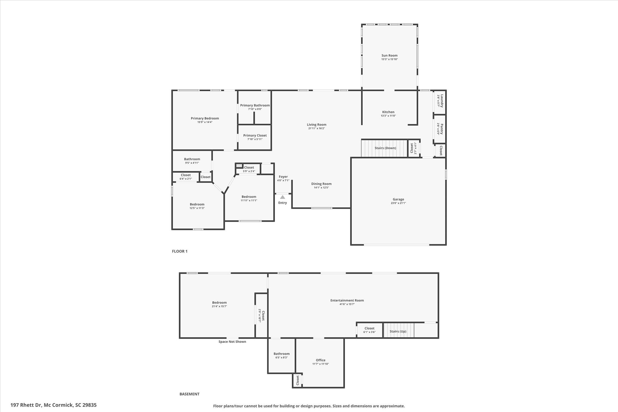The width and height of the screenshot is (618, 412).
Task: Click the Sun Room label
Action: click(389, 56)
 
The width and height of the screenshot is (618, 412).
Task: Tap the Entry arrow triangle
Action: click(282, 197)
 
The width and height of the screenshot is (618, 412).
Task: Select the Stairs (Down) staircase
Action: click(385, 148)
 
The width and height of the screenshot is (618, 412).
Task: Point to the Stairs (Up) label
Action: click(398, 331)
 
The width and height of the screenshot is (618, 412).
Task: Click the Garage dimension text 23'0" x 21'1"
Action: click(398, 203)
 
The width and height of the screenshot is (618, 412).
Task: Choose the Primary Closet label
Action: click(255, 136)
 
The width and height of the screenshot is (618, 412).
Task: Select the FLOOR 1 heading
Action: click(180, 251)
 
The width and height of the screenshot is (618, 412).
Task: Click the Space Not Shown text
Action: click(232, 342)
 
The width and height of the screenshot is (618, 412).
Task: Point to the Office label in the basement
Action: click(320, 360)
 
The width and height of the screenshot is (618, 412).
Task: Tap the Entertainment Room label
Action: click(347, 300)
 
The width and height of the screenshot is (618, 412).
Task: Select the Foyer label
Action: click(283, 177)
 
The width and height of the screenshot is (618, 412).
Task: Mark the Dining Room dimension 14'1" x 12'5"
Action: click(321, 187)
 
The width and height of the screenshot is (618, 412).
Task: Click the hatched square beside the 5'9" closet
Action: click(239, 166)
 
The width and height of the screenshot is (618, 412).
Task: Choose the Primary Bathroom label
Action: click(255, 105)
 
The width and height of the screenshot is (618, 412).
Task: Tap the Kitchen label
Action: click(388, 112)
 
